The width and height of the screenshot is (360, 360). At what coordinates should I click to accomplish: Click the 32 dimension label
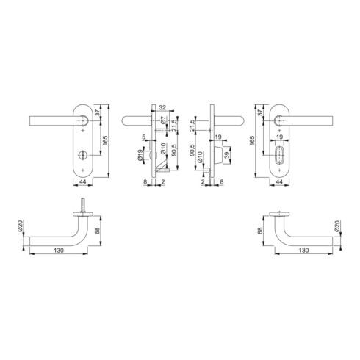162,107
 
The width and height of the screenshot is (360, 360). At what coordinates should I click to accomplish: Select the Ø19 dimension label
140,155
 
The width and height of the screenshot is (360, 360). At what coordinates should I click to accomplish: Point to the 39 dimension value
226,155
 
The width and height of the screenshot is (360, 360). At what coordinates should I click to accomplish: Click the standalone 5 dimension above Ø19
144,137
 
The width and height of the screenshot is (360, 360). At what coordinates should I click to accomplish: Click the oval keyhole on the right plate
279,155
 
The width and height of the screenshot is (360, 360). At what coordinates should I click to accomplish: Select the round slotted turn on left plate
82,155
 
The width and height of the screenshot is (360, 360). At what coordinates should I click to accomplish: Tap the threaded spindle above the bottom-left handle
83,204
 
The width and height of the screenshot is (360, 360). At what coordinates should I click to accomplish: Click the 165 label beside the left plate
105,140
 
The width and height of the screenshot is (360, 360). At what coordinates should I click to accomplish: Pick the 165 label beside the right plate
252,140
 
